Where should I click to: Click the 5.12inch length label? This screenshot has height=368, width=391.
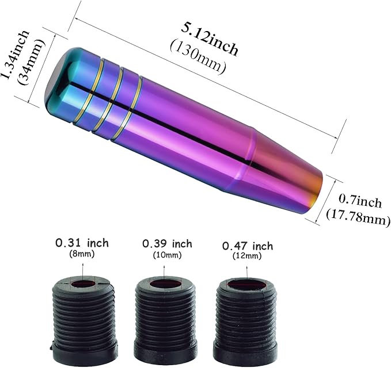[210, 39]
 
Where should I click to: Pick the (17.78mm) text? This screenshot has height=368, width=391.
[358, 217]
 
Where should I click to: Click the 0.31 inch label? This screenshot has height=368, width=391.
[82, 243]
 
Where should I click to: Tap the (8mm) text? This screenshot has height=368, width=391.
[82, 254]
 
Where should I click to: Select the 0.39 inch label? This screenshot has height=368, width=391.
[168, 244]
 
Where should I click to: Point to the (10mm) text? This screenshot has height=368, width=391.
[168, 255]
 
